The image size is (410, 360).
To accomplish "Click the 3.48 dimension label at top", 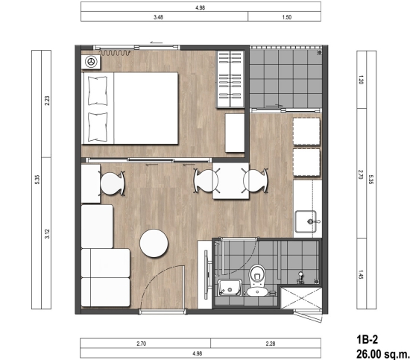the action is click(x=159, y=17).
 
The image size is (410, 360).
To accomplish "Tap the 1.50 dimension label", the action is click(x=287, y=17).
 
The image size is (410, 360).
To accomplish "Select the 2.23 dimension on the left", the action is click(x=47, y=101).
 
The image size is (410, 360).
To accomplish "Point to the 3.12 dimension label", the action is click(x=47, y=234).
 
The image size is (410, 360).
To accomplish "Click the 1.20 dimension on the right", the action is click(x=361, y=80).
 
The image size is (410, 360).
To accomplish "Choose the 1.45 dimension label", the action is click(x=361, y=274).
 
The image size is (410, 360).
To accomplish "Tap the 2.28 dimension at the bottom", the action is click(x=271, y=344).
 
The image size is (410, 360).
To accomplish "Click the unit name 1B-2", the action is click(x=368, y=340).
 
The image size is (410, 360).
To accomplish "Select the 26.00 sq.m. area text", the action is click(x=383, y=354).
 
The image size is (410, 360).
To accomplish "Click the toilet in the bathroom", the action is click(x=258, y=280).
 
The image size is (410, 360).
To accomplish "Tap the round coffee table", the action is click(x=154, y=244).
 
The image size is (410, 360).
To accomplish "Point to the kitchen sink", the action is click(x=306, y=221).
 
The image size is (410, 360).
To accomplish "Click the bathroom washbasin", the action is click(x=230, y=287).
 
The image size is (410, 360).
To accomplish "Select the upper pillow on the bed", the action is click(x=98, y=91).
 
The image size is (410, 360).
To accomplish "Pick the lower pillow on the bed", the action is click(x=98, y=127).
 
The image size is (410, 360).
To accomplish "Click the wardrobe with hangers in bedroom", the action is click(x=230, y=79).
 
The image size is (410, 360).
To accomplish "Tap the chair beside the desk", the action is click(x=112, y=183).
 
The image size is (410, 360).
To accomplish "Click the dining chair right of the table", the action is click(x=256, y=181).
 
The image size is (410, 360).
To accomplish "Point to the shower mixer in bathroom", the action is click(x=300, y=278).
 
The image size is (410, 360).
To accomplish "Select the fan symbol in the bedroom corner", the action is click(x=91, y=62).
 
